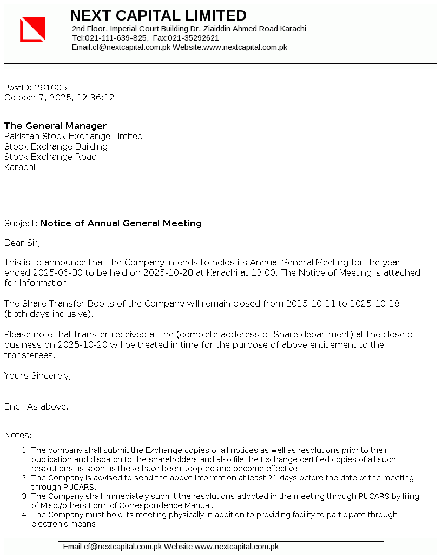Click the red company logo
[x=32, y=29]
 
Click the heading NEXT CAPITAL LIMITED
[x=158, y=16]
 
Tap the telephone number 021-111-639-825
[x=116, y=38]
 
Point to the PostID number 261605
[x=51, y=87]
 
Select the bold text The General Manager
[x=56, y=126]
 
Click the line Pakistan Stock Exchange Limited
[x=74, y=136]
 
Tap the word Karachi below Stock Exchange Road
[x=19, y=167]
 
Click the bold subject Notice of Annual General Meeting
[x=121, y=223]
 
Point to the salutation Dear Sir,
[x=22, y=243]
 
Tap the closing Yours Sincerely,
[x=37, y=375]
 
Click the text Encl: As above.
[x=36, y=406]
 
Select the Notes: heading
[x=18, y=435]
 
